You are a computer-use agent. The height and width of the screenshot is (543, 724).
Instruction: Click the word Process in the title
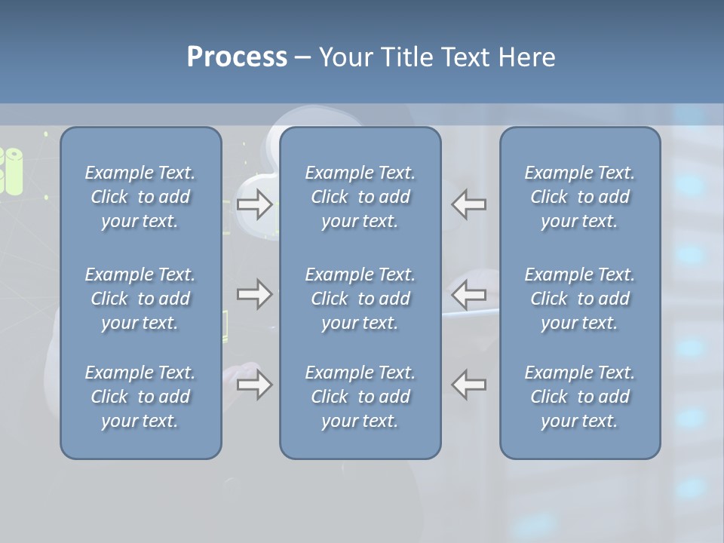coord(237,57)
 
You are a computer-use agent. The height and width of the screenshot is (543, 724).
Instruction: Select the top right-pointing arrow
coord(254,204)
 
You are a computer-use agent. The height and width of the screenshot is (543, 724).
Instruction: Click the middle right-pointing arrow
coord(254,294)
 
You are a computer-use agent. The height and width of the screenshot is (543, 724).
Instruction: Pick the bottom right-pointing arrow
coord(254,385)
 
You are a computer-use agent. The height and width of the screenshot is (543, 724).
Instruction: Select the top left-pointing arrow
coord(469,204)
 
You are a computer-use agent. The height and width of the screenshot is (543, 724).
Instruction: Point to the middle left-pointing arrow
coord(469,294)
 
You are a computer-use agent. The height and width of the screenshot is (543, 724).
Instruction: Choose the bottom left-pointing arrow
coord(469,385)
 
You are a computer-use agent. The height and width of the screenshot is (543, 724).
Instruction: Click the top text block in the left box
coord(140,197)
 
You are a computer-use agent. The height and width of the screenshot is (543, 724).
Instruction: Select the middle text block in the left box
coord(140,299)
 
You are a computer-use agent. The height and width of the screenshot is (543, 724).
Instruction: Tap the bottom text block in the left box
coord(140,397)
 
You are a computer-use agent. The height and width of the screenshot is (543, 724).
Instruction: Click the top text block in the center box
coord(360,197)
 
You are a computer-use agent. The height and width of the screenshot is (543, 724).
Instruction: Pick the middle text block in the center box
coord(360,299)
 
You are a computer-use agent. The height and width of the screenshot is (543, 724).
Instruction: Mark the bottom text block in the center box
coord(360,397)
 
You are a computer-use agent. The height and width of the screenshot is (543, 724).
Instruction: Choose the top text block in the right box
coord(580,197)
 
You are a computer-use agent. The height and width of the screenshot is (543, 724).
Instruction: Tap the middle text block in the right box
coord(580,299)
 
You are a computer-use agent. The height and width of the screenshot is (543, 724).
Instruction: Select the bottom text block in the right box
coord(580,397)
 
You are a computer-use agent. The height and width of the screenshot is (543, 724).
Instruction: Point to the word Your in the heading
coord(345,57)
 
